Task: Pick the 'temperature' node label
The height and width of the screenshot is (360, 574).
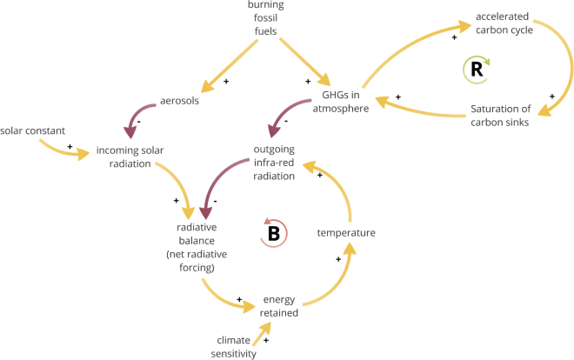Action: pyautogui.click(x=346, y=232)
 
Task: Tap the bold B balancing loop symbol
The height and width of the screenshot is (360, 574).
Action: pyautogui.click(x=274, y=232)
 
